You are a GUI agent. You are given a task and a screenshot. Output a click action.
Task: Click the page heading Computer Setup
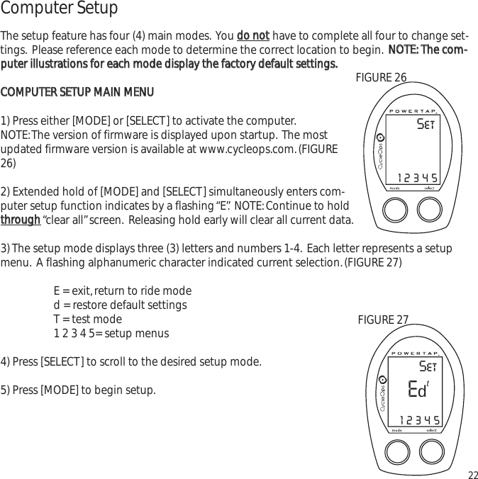[x=59, y=9]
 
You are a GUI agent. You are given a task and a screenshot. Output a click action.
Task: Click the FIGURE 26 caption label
[x=381, y=77]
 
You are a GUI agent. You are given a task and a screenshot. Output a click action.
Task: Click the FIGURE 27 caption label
[x=383, y=320]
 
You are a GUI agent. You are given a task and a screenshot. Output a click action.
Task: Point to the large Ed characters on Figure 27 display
[x=417, y=390]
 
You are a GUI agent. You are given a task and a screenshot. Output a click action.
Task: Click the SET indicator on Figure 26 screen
[x=426, y=126]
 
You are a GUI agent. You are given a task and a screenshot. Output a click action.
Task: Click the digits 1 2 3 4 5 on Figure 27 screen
[x=418, y=420]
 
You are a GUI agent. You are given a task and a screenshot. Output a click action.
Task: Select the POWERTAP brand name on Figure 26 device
[x=415, y=111]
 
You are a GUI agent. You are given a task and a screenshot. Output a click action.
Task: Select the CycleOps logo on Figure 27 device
[x=381, y=394]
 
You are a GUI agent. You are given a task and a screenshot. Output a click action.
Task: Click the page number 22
[x=472, y=474]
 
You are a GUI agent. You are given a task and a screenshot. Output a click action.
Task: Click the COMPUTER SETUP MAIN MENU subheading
[x=77, y=93]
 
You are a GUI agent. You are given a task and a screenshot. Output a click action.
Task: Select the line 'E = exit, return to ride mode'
[x=122, y=291]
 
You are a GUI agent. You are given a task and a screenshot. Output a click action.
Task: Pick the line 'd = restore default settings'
[x=120, y=305]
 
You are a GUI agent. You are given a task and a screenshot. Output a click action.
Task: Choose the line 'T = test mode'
[x=87, y=319]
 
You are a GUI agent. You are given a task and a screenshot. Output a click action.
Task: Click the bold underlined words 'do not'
[x=252, y=36]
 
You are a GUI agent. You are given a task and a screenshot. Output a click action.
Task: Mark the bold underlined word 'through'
[x=21, y=220]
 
